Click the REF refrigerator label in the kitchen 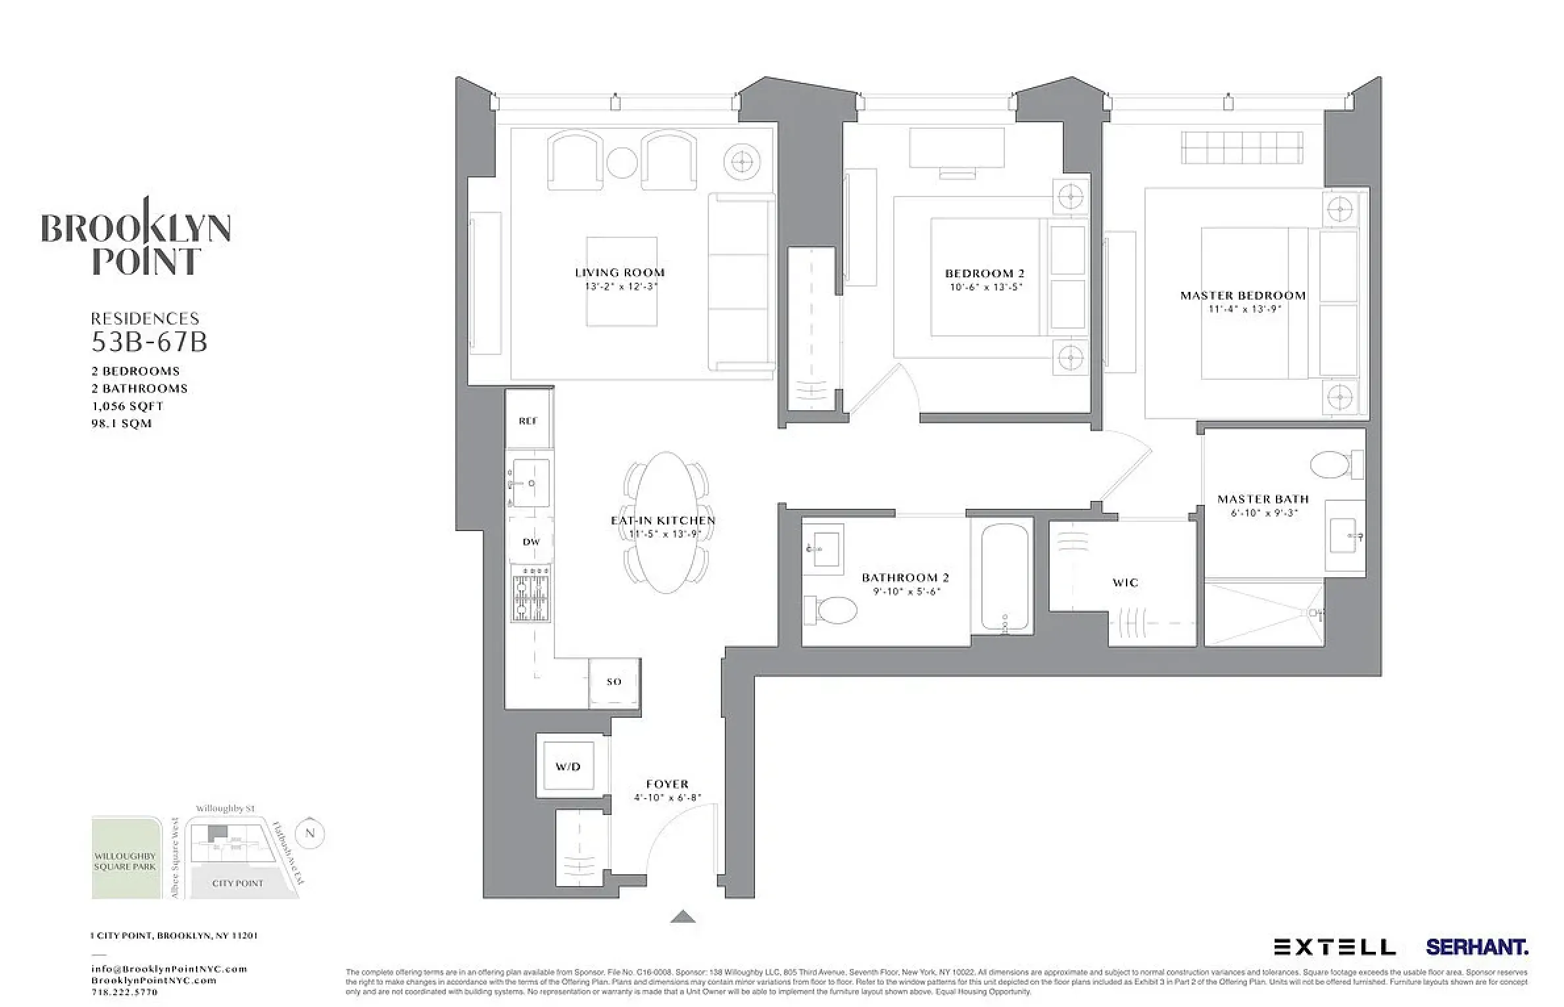(527, 421)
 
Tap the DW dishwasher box (531, 542)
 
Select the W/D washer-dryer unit (568, 766)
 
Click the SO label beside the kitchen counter (614, 682)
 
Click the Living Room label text (620, 272)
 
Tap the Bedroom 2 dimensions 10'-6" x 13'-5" (986, 287)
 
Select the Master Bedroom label (1242, 295)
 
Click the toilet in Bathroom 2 (832, 611)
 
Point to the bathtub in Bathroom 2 (1004, 577)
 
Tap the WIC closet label (1125, 582)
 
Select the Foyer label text (667, 784)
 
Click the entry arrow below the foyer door (683, 917)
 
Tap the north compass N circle (310, 833)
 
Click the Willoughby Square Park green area (126, 858)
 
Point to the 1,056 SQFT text (128, 406)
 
